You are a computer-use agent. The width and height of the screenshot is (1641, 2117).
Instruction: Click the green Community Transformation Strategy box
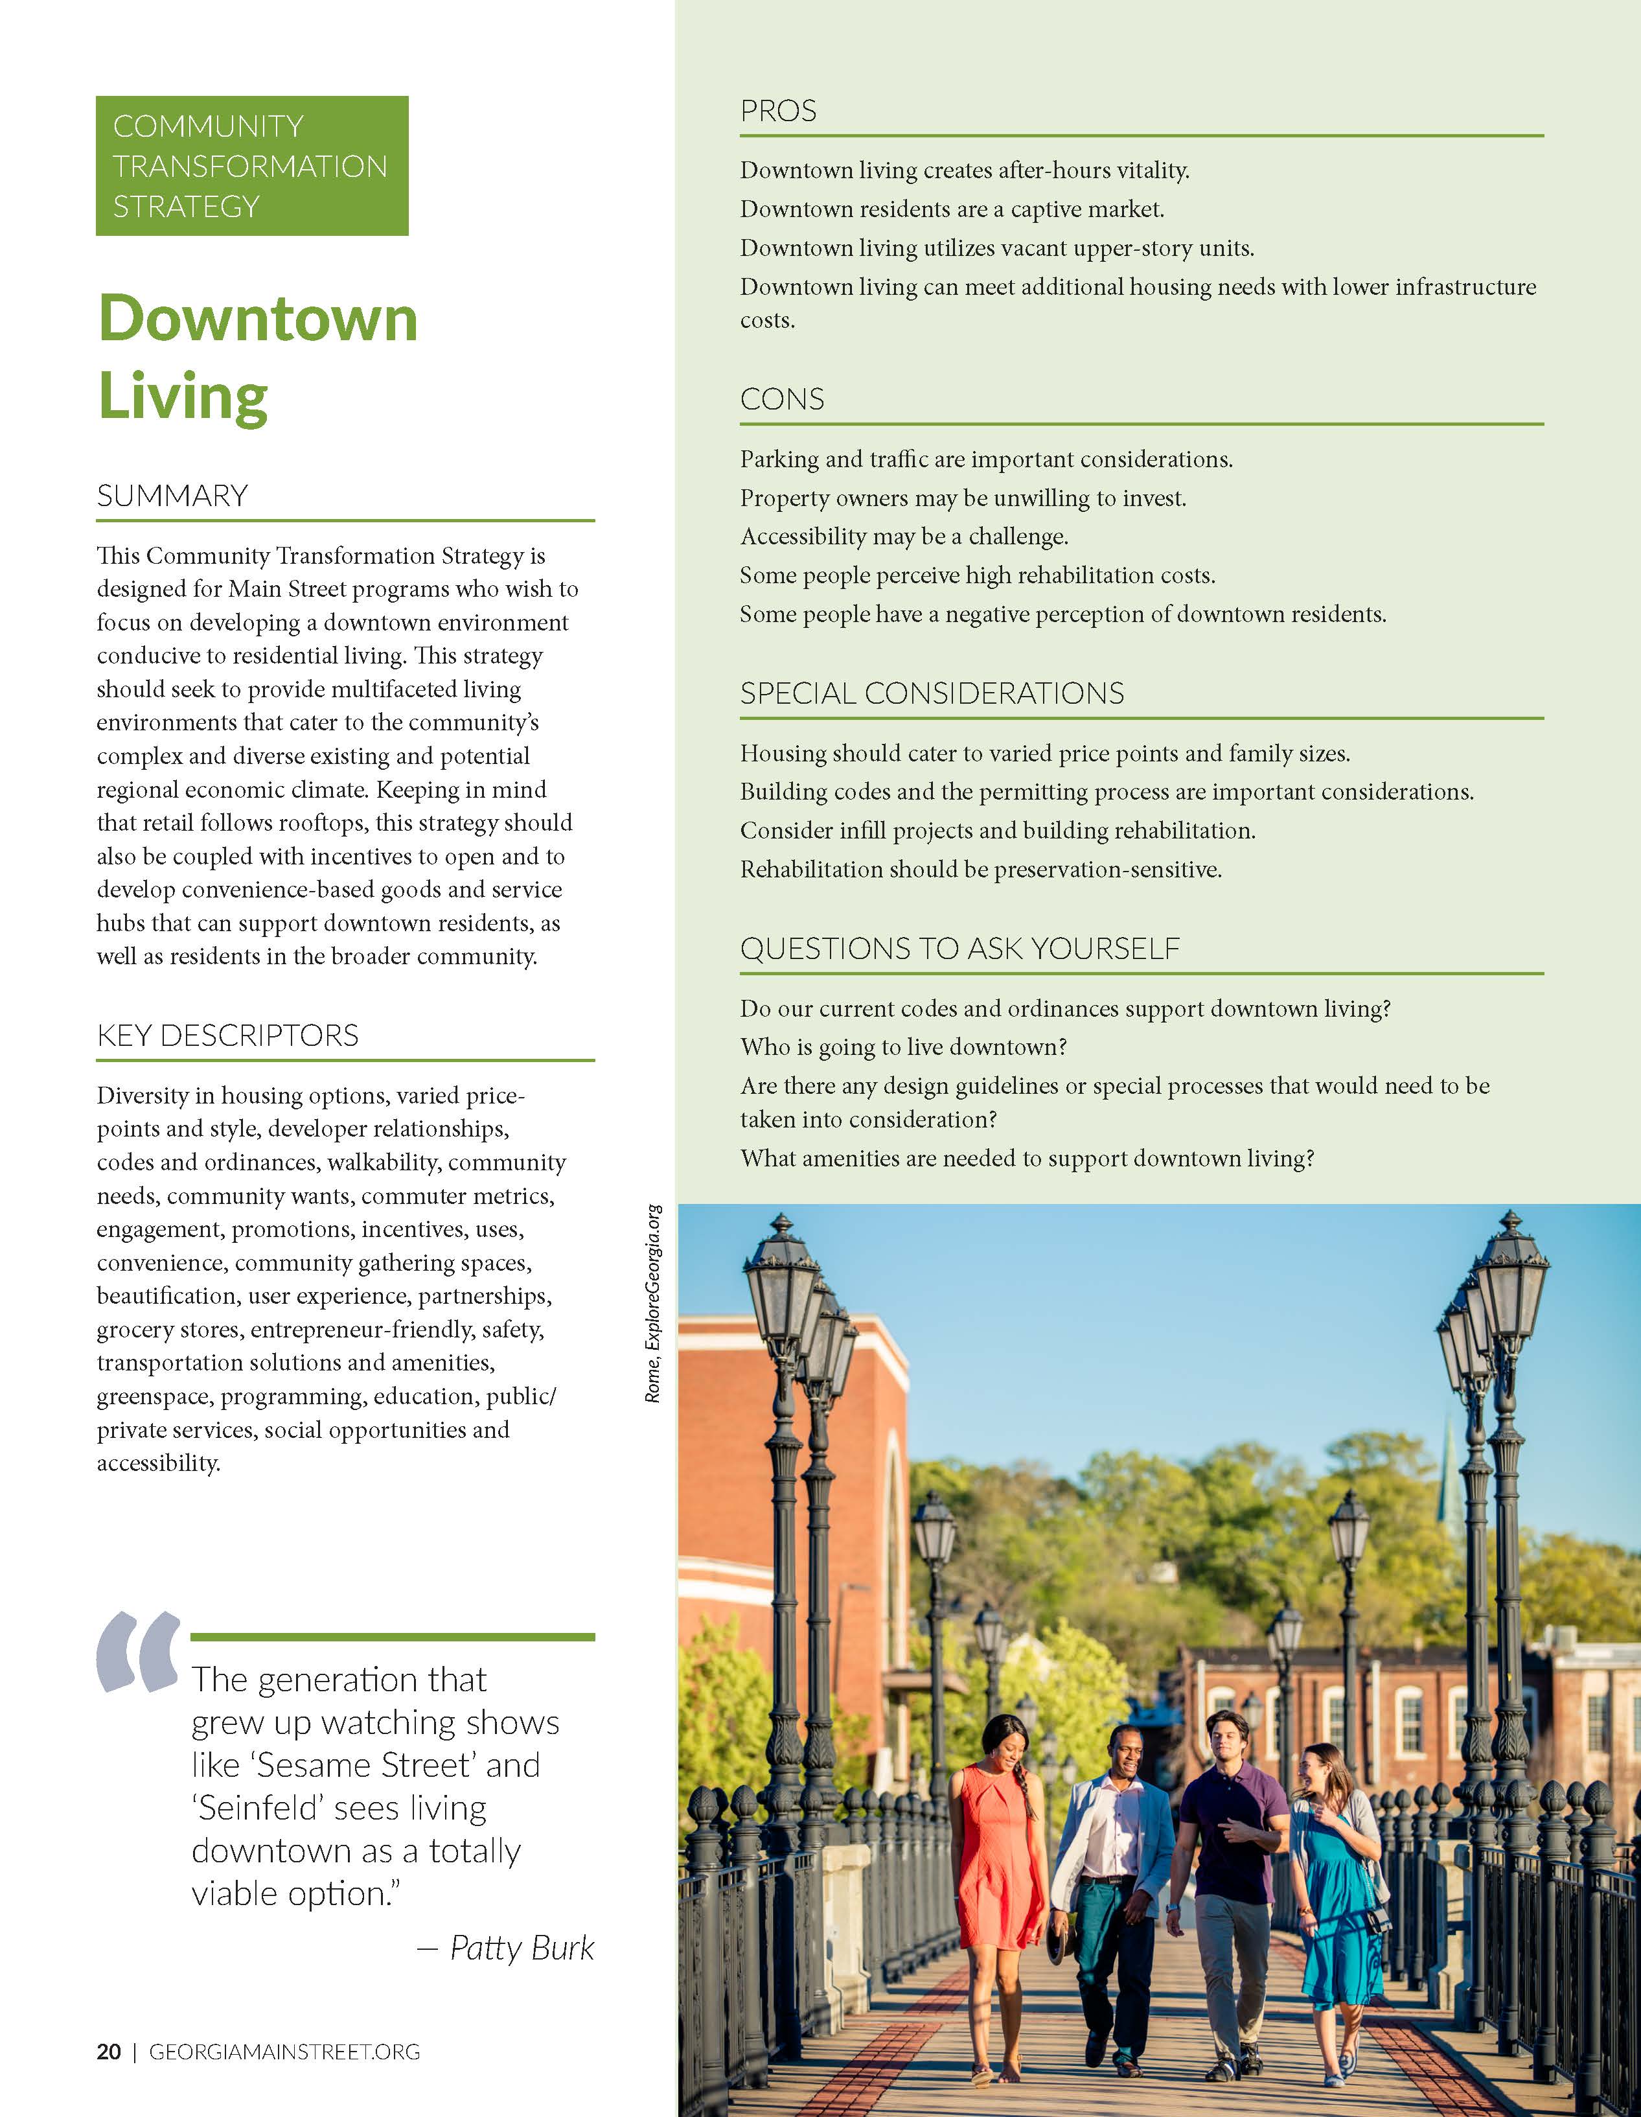coord(252,166)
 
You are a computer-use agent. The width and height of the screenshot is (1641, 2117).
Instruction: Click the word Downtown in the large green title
coord(258,319)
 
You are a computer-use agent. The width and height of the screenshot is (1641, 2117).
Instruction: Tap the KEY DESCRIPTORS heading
coord(228,1035)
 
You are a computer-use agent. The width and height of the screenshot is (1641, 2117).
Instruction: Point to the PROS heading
coord(778,111)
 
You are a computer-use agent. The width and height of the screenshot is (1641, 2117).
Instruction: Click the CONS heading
coord(782,399)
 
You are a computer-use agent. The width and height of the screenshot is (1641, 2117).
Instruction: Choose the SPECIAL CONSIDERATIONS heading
coord(932,693)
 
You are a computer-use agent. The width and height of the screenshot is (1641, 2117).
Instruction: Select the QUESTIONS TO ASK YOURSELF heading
coord(959,948)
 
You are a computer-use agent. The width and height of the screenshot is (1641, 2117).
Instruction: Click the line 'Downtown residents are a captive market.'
coord(952,209)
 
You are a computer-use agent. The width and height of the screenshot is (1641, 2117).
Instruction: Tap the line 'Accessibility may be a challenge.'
coord(903,536)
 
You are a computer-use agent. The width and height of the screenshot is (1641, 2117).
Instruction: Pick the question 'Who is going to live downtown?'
coord(903,1047)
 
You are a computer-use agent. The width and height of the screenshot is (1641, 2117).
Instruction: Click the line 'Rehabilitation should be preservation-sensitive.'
coord(980,870)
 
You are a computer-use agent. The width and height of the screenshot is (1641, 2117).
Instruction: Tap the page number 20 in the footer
coord(109,2052)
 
